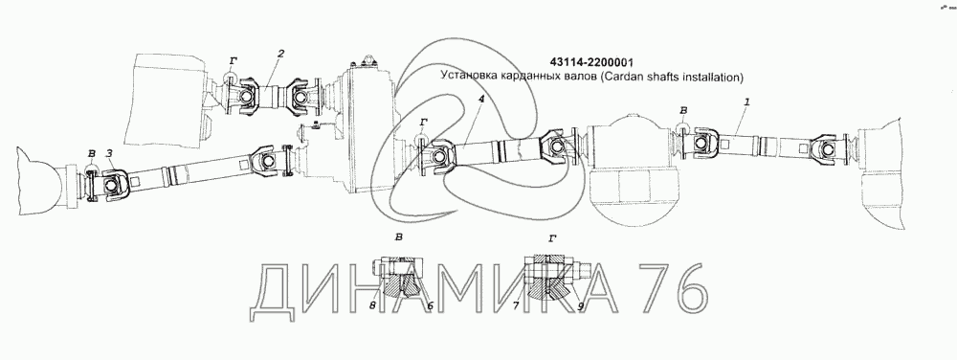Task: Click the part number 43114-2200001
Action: tap(590, 63)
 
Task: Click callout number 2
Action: tap(280, 54)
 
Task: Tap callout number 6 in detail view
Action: tap(430, 305)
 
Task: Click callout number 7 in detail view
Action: tap(517, 305)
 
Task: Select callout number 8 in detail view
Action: tap(373, 305)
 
